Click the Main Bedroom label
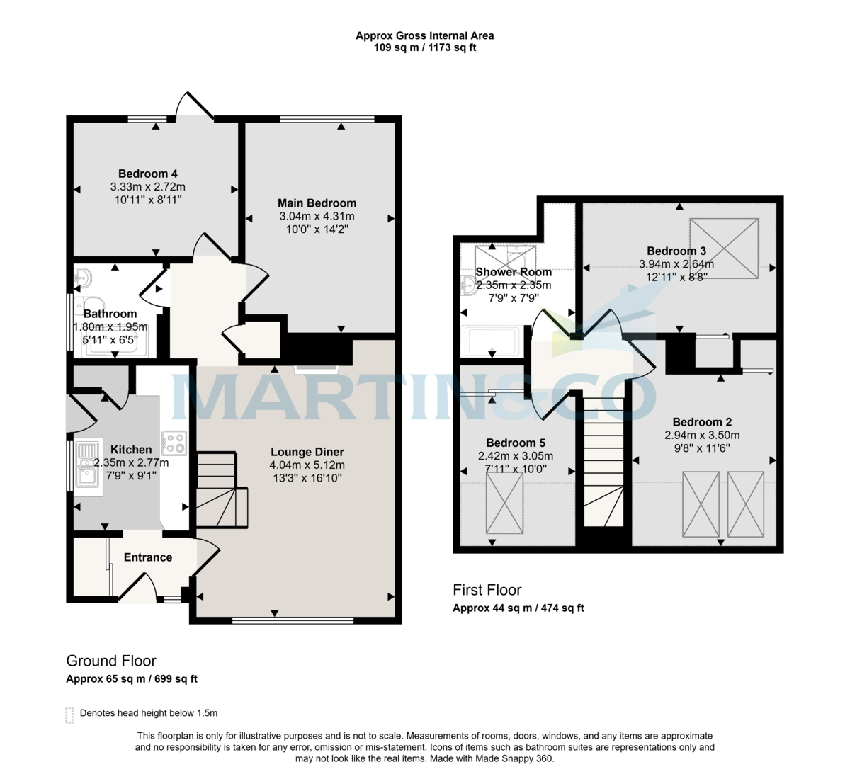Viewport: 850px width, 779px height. (317, 203)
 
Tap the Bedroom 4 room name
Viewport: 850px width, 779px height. (147, 174)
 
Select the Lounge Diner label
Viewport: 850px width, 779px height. (307, 452)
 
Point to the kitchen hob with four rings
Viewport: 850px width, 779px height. (174, 443)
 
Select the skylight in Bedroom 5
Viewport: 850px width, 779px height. (504, 503)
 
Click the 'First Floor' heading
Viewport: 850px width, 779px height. (487, 590)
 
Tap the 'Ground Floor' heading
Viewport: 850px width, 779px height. (111, 661)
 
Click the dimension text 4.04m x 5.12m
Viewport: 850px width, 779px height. (307, 465)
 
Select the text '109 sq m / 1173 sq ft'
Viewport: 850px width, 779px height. (424, 48)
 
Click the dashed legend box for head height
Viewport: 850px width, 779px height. (69, 715)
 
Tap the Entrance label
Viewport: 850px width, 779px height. (148, 557)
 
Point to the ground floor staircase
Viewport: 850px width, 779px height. (220, 489)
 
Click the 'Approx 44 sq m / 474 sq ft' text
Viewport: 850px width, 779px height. (518, 608)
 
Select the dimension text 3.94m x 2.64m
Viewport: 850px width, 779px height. (676, 264)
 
